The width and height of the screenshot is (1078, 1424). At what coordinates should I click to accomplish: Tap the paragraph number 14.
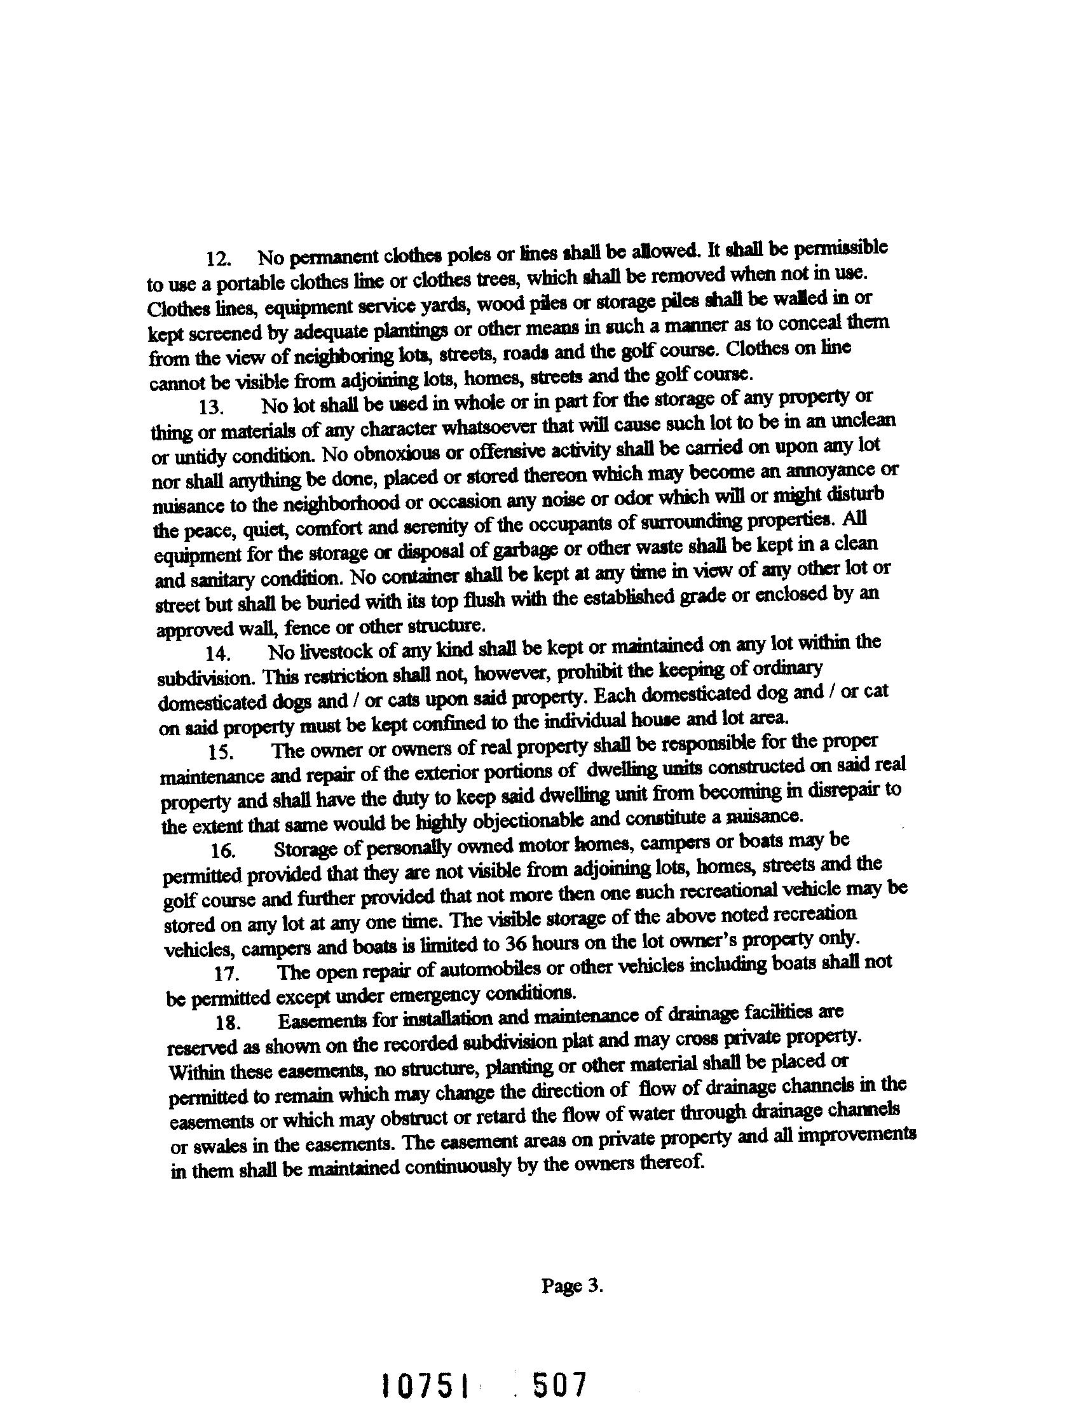point(217,653)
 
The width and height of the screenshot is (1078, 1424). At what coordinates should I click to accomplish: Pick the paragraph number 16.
point(223,850)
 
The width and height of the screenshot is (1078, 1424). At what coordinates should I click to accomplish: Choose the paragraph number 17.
point(226,973)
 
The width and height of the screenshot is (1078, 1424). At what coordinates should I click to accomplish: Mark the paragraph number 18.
point(228,1023)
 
